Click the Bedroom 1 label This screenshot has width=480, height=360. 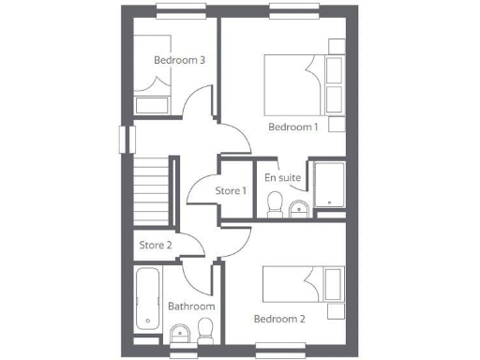pyautogui.click(x=293, y=127)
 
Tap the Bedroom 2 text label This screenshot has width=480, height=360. pyautogui.click(x=279, y=319)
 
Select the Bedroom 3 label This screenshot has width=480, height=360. pyautogui.click(x=179, y=60)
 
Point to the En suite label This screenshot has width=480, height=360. pyautogui.click(x=281, y=177)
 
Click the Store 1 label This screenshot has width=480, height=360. pyautogui.click(x=231, y=191)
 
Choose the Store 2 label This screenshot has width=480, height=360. pyautogui.click(x=155, y=246)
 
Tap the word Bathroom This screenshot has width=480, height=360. pyautogui.click(x=191, y=307)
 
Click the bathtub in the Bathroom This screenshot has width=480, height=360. pyautogui.click(x=147, y=300)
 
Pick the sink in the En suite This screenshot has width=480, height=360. pyautogui.click(x=298, y=208)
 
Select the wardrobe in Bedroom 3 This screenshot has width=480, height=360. pyautogui.click(x=153, y=103)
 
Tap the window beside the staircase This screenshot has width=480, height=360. pyautogui.click(x=122, y=138)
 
